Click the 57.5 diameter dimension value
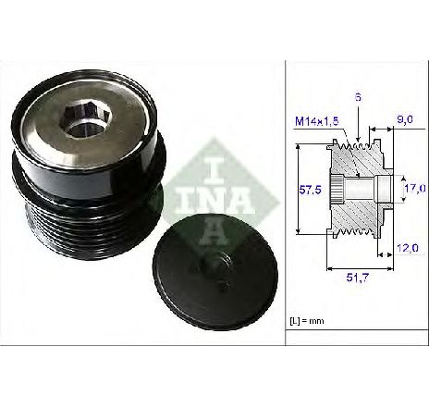[310, 190]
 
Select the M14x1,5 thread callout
[316, 121]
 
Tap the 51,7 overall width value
[357, 278]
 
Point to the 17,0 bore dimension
[415, 188]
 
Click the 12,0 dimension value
[407, 248]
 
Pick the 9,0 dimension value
[405, 119]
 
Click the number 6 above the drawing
[358, 97]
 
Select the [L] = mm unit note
[307, 321]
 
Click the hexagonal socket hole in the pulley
[87, 120]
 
